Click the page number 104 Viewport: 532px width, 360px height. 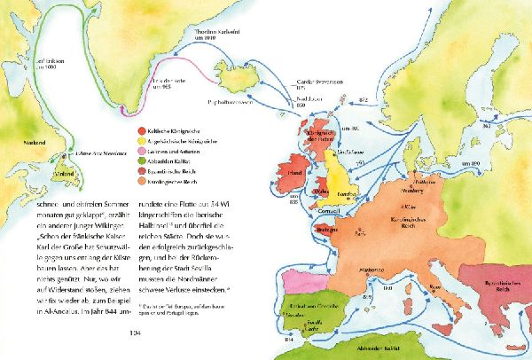tap(135, 333)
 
